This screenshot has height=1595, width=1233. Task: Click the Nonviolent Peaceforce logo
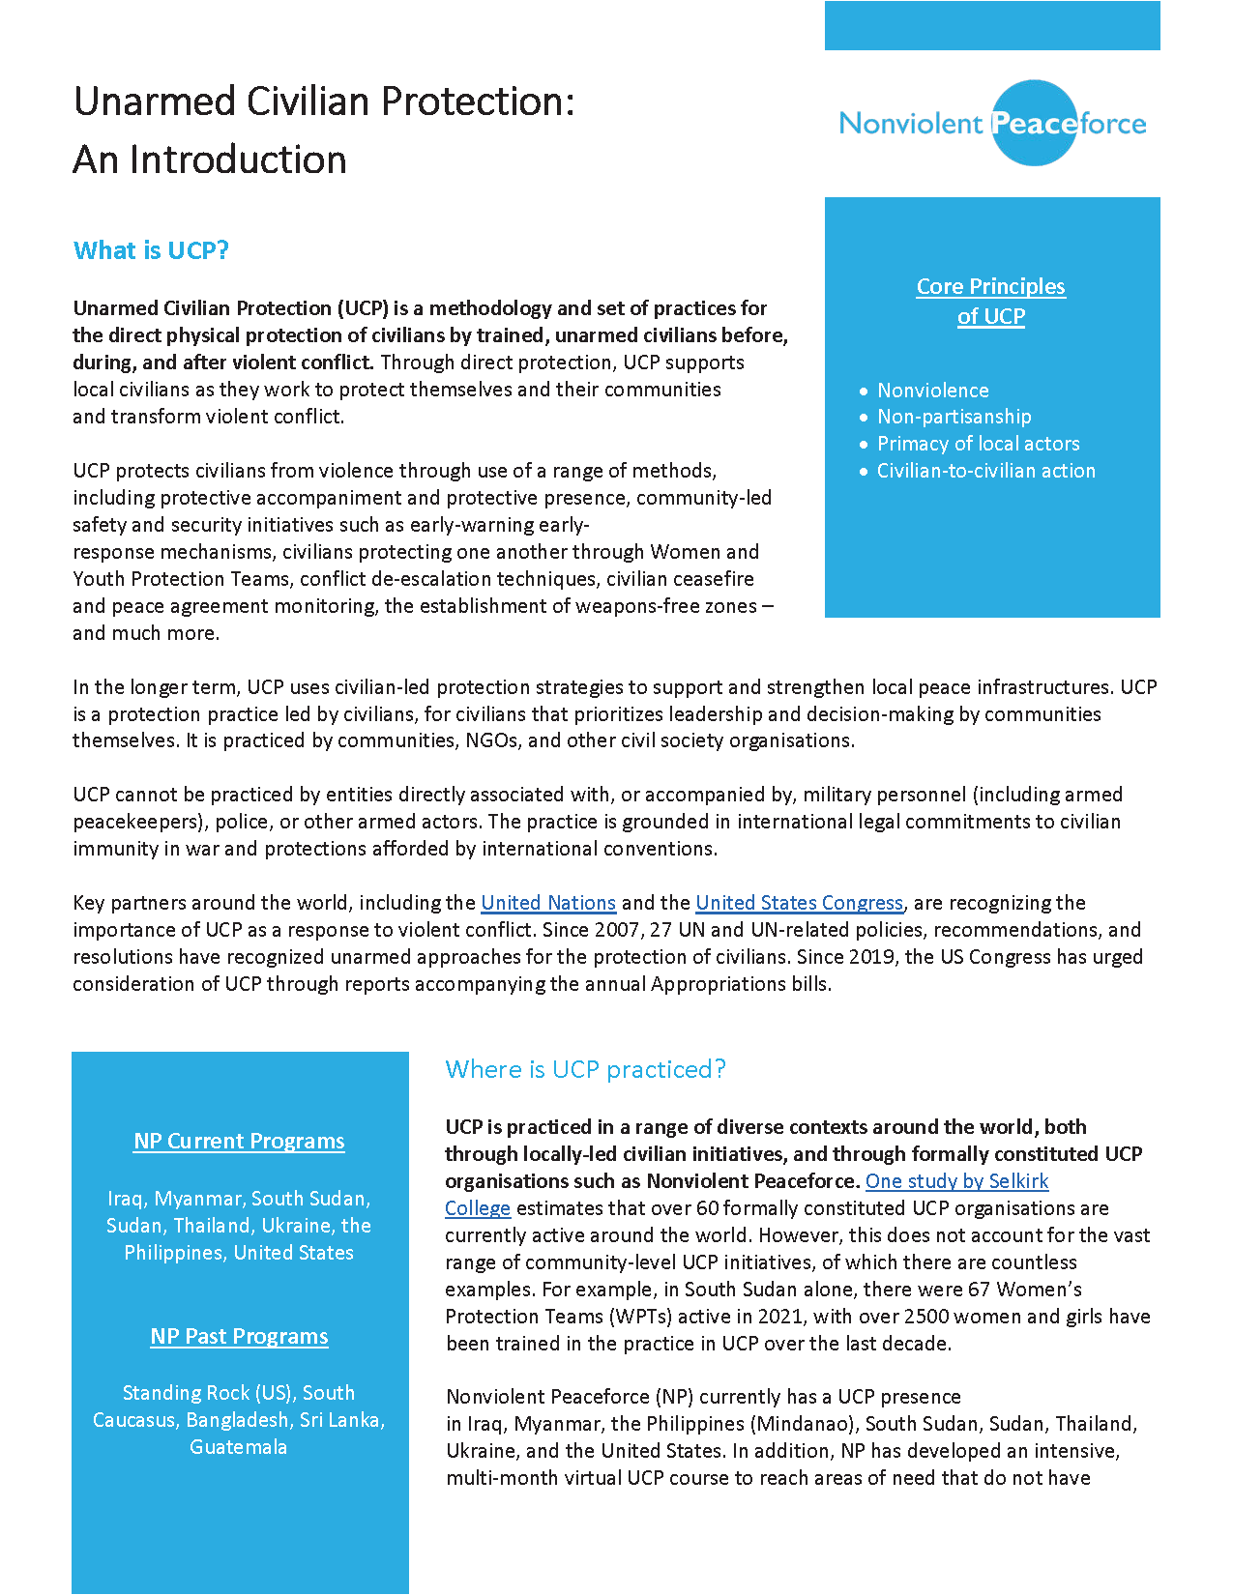click(x=992, y=123)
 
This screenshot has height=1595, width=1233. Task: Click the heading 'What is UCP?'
click(x=151, y=250)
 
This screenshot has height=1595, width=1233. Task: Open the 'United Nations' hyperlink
click(x=548, y=903)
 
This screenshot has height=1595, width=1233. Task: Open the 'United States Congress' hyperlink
click(x=799, y=903)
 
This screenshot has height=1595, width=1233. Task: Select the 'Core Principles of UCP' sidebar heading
click(x=990, y=301)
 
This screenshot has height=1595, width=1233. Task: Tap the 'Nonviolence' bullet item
click(x=932, y=391)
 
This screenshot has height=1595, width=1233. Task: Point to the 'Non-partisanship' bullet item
click(x=954, y=417)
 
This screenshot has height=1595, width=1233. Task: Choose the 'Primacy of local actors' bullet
click(x=978, y=444)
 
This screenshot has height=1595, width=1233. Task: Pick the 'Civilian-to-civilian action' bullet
click(x=985, y=471)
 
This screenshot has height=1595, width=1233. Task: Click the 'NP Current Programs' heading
click(x=239, y=1141)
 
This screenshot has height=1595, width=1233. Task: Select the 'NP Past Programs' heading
click(x=239, y=1336)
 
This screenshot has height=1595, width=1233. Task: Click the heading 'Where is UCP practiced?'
click(x=585, y=1069)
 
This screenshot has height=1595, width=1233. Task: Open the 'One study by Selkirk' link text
click(x=956, y=1181)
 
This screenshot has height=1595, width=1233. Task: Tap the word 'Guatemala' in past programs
click(x=238, y=1447)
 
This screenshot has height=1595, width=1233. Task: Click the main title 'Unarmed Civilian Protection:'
click(x=324, y=101)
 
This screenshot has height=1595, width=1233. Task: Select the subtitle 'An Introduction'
click(x=210, y=159)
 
